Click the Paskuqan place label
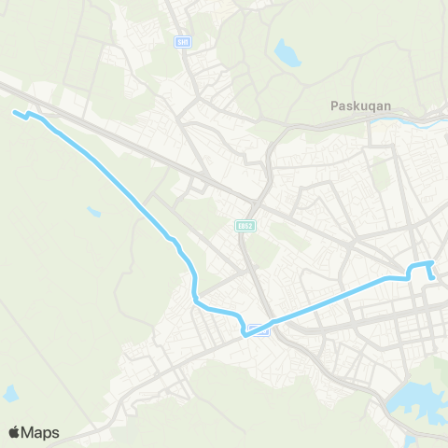364,105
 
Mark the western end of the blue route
13,113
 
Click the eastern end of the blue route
433,276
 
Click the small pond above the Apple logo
11,394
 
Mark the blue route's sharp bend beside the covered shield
244,332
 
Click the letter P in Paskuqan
335,105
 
